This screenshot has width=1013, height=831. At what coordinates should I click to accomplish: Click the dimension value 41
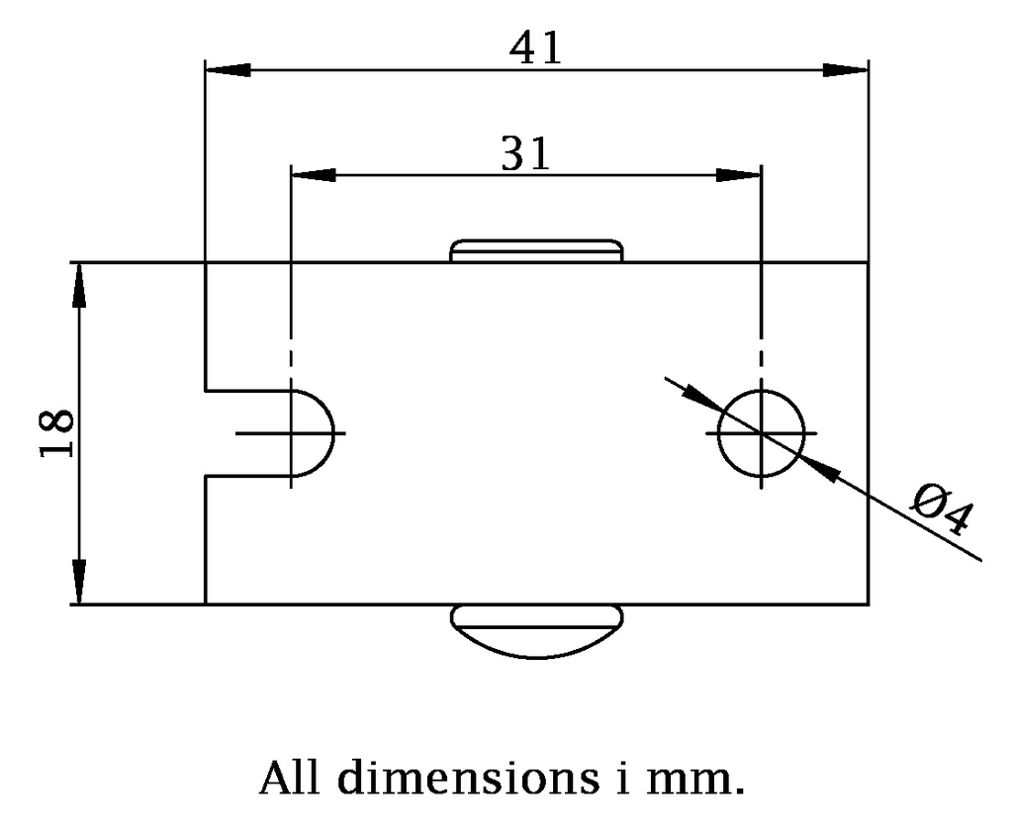535,47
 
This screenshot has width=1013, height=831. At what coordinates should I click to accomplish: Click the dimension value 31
526,153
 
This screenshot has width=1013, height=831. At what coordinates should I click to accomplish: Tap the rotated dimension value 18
56,433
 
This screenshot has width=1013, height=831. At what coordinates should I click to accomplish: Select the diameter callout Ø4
942,509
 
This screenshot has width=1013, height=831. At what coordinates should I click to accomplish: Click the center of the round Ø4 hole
762,433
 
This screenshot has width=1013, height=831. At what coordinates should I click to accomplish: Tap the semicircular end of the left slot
334,433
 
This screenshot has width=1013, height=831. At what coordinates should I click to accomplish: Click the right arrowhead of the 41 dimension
845,70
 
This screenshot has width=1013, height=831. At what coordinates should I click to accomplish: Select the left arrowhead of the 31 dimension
314,174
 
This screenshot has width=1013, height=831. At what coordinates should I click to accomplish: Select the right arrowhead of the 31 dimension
738,174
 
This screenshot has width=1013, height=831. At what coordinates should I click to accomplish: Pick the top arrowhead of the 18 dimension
79,286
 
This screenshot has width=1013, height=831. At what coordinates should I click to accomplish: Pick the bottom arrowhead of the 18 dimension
79,582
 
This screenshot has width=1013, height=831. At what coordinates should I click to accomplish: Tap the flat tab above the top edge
536,250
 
